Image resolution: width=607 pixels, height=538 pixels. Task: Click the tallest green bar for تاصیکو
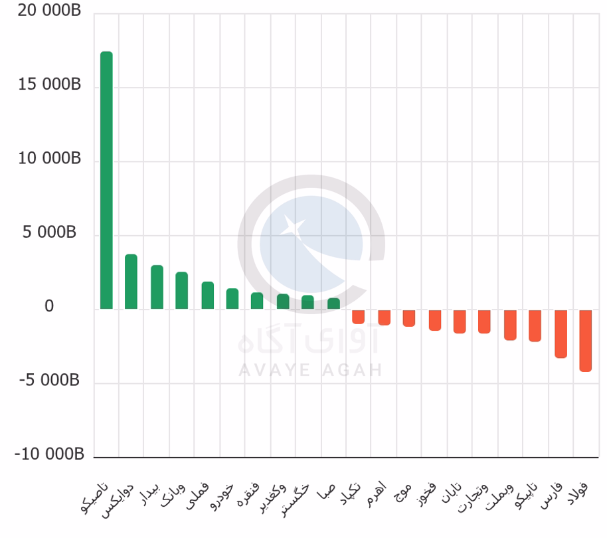point(106,181)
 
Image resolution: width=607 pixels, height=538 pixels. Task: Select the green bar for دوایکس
point(131,282)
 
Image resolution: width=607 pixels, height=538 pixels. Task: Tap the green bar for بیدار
point(157,287)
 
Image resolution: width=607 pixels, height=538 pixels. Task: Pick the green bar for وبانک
point(181,291)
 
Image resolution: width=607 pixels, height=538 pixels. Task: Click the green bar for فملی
point(208,296)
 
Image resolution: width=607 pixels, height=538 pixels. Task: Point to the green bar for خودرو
point(232,299)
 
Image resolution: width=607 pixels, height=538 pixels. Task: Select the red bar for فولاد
point(586,341)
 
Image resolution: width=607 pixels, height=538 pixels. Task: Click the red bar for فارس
point(561,334)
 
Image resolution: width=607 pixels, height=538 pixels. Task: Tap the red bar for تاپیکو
point(535,326)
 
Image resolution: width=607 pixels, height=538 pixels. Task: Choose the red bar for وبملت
point(510,325)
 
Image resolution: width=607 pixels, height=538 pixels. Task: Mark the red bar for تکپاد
point(359,317)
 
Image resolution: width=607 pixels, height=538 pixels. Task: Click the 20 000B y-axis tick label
point(49,11)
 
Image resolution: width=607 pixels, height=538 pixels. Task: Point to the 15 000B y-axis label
point(49,84)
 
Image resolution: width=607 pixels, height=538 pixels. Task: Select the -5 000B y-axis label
point(49,380)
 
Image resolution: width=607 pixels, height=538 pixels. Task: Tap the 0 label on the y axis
point(49,306)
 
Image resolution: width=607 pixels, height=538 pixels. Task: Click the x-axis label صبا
point(326,492)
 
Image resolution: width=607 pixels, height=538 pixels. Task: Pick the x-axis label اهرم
point(377,494)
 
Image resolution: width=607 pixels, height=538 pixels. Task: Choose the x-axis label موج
point(402,492)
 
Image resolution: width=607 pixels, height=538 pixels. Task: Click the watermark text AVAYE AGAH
point(310,370)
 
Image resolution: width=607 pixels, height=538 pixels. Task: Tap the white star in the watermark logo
point(293,226)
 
